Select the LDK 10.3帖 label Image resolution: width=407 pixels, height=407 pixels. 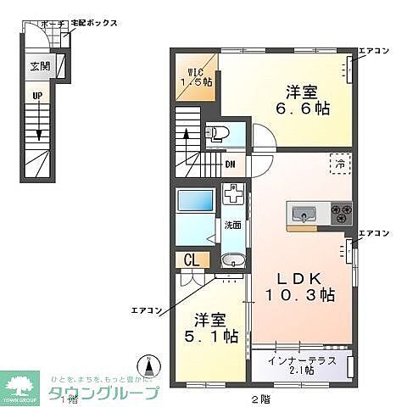click(302, 287)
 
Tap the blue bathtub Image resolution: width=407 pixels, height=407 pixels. click(194, 204)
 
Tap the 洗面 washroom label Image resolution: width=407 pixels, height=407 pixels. click(231, 226)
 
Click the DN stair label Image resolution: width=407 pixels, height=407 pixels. click(230, 164)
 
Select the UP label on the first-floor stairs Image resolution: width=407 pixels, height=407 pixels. click(37, 96)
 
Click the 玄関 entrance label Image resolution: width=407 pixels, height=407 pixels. click(38, 66)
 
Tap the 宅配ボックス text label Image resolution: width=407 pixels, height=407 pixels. click(93, 24)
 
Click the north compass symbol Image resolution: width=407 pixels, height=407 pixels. click(151, 367)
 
